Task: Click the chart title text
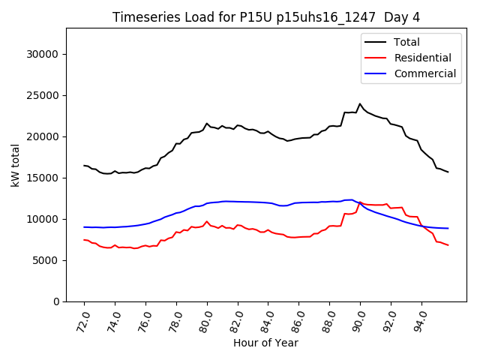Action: [266, 17]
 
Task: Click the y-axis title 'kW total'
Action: [16, 165]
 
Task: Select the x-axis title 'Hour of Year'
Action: [265, 343]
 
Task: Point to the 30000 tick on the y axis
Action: [44, 54]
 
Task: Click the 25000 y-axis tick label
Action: [44, 95]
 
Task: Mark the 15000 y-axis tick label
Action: [44, 178]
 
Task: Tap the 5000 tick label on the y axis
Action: [47, 260]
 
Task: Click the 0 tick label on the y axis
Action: [56, 301]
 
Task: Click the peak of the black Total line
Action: [360, 104]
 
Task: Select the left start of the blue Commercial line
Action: [84, 226]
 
